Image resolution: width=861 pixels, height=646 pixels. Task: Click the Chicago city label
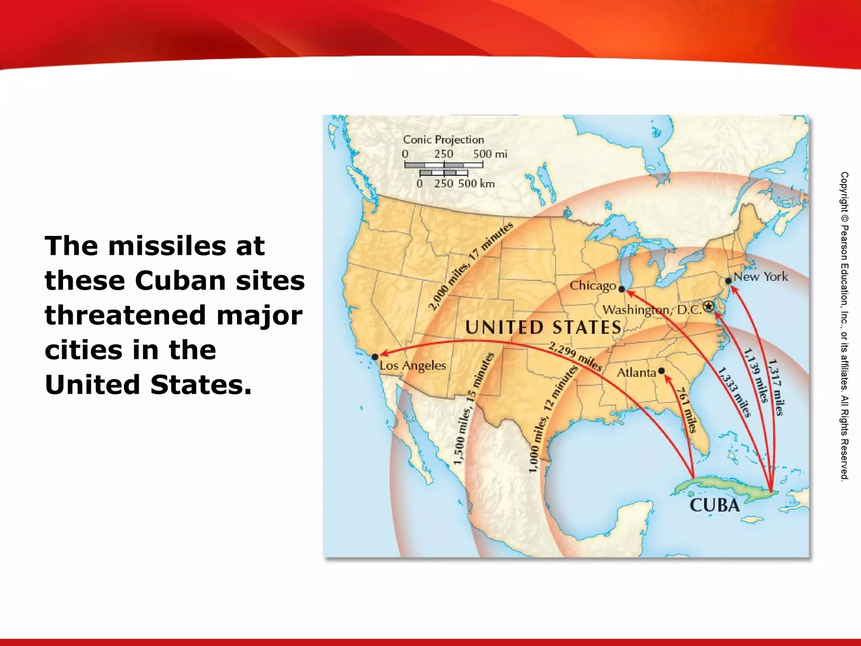pyautogui.click(x=593, y=286)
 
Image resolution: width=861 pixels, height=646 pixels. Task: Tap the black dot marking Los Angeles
pyautogui.click(x=375, y=357)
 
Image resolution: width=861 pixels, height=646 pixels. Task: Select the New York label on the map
pyautogui.click(x=761, y=276)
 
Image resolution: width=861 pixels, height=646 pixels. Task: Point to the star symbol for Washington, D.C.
pyautogui.click(x=709, y=307)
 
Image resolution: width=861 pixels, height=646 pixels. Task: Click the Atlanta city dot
pyautogui.click(x=661, y=371)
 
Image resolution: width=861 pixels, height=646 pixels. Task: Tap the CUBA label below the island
pyautogui.click(x=714, y=505)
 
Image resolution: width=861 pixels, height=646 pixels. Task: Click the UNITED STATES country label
pyautogui.click(x=543, y=328)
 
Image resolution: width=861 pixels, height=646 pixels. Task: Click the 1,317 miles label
pyautogui.click(x=776, y=387)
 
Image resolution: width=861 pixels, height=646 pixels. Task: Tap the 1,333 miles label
pyautogui.click(x=734, y=392)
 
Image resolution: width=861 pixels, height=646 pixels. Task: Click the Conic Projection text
pyautogui.click(x=443, y=140)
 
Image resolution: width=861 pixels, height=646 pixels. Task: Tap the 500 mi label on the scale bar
pyautogui.click(x=490, y=154)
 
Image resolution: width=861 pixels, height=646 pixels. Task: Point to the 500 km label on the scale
pyautogui.click(x=476, y=184)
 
